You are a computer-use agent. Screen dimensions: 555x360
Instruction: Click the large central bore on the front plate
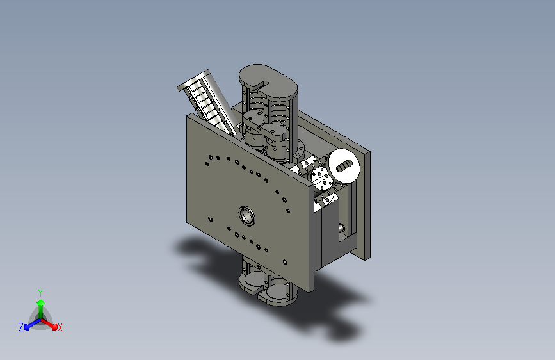(x=246, y=215)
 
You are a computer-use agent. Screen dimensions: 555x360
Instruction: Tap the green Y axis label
(x=40, y=293)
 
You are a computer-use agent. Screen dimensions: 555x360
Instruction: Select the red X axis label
(x=60, y=328)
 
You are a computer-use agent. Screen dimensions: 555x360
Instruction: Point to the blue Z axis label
(x=21, y=327)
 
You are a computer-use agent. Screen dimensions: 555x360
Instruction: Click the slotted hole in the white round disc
(x=344, y=166)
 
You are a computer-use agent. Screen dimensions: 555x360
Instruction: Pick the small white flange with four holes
(x=322, y=178)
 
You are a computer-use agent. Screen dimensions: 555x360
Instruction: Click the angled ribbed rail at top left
(x=208, y=102)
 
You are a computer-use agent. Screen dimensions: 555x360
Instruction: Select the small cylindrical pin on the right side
(x=342, y=228)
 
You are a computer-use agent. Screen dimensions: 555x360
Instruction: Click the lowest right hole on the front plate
(x=285, y=263)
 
